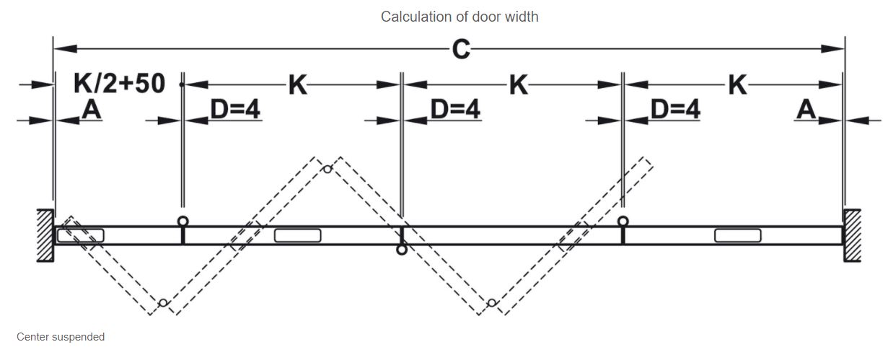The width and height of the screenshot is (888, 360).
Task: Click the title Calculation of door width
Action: pos(460,16)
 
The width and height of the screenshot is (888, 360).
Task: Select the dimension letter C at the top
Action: pos(461,49)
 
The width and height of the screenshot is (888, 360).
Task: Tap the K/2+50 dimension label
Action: pos(119,84)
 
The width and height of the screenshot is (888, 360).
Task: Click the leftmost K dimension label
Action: pos(298,85)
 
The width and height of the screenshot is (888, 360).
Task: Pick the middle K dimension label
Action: pos(518,85)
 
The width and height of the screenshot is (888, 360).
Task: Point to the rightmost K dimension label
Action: pos(737,85)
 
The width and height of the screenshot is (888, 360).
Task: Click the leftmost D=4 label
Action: pos(235,110)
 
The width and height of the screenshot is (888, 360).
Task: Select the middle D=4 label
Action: pos(455,110)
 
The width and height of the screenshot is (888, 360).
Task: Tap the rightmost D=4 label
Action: pos(675,110)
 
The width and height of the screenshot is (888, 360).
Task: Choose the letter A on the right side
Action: pos(806,110)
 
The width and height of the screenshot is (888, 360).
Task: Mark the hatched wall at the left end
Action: pos(45,235)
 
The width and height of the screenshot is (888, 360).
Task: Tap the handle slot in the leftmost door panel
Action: pos(81,235)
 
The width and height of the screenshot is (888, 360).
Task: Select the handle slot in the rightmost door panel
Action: pos(737,235)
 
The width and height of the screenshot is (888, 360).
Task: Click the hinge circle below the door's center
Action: pos(402,250)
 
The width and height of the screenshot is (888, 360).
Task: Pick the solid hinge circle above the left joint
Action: pos(183,221)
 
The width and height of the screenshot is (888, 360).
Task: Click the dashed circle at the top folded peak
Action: pos(327,169)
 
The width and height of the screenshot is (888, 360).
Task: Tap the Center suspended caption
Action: pos(61,337)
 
